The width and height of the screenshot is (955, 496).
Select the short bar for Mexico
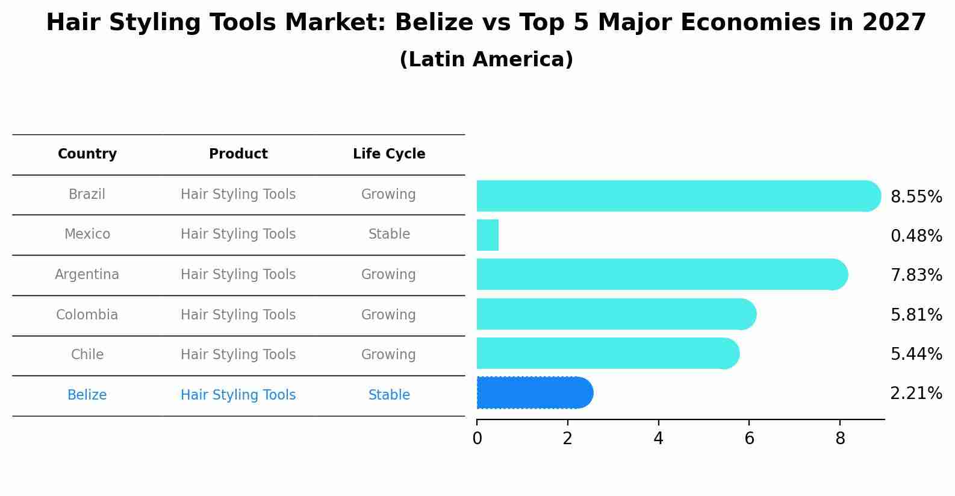[488, 235]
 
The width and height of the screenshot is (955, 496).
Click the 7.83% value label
[916, 275]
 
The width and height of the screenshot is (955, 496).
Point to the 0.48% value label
[916, 236]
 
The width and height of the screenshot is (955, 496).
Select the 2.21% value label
[916, 394]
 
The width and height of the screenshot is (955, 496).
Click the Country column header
[87, 154]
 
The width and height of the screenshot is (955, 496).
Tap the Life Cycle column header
[389, 154]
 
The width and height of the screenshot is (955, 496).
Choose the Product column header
[238, 154]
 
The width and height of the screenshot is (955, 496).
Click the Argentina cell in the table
[87, 275]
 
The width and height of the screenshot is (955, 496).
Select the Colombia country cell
[87, 315]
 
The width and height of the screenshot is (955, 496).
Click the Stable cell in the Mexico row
[389, 234]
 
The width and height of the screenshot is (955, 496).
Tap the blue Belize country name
[87, 395]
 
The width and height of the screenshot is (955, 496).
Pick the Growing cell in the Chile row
[388, 355]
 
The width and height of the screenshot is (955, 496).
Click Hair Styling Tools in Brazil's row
[238, 195]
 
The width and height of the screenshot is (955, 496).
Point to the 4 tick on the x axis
[658, 439]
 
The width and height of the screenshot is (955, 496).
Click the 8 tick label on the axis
[840, 439]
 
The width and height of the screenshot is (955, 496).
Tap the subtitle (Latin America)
[486, 60]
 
